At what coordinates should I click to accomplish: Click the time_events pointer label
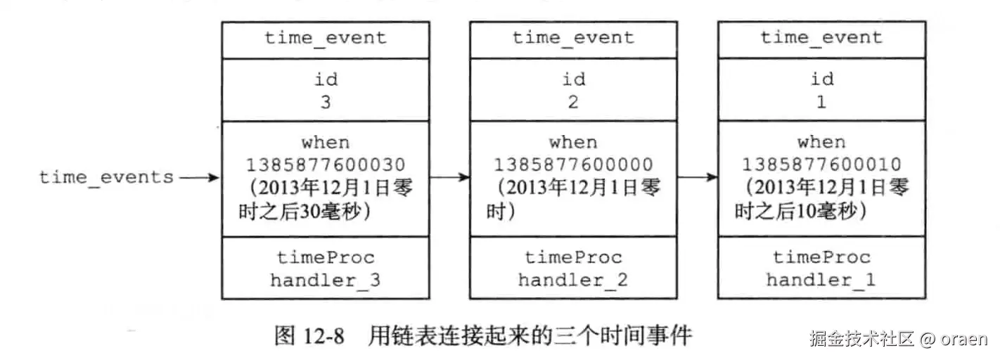click(x=106, y=177)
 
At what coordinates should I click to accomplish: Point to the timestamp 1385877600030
click(x=325, y=165)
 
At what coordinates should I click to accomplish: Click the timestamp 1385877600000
click(x=572, y=165)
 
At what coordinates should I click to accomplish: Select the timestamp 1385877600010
click(x=821, y=165)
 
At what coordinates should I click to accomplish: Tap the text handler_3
click(x=325, y=281)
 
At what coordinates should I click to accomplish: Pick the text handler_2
click(x=572, y=281)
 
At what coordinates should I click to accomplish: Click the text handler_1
click(x=821, y=281)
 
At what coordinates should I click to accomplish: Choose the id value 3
click(x=325, y=102)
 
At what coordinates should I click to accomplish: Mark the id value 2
click(x=572, y=102)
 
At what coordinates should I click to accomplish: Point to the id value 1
click(x=821, y=102)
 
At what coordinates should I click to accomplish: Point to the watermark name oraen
click(x=965, y=339)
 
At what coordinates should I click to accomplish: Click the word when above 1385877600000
click(x=572, y=143)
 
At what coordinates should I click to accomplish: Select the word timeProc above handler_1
click(x=821, y=258)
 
